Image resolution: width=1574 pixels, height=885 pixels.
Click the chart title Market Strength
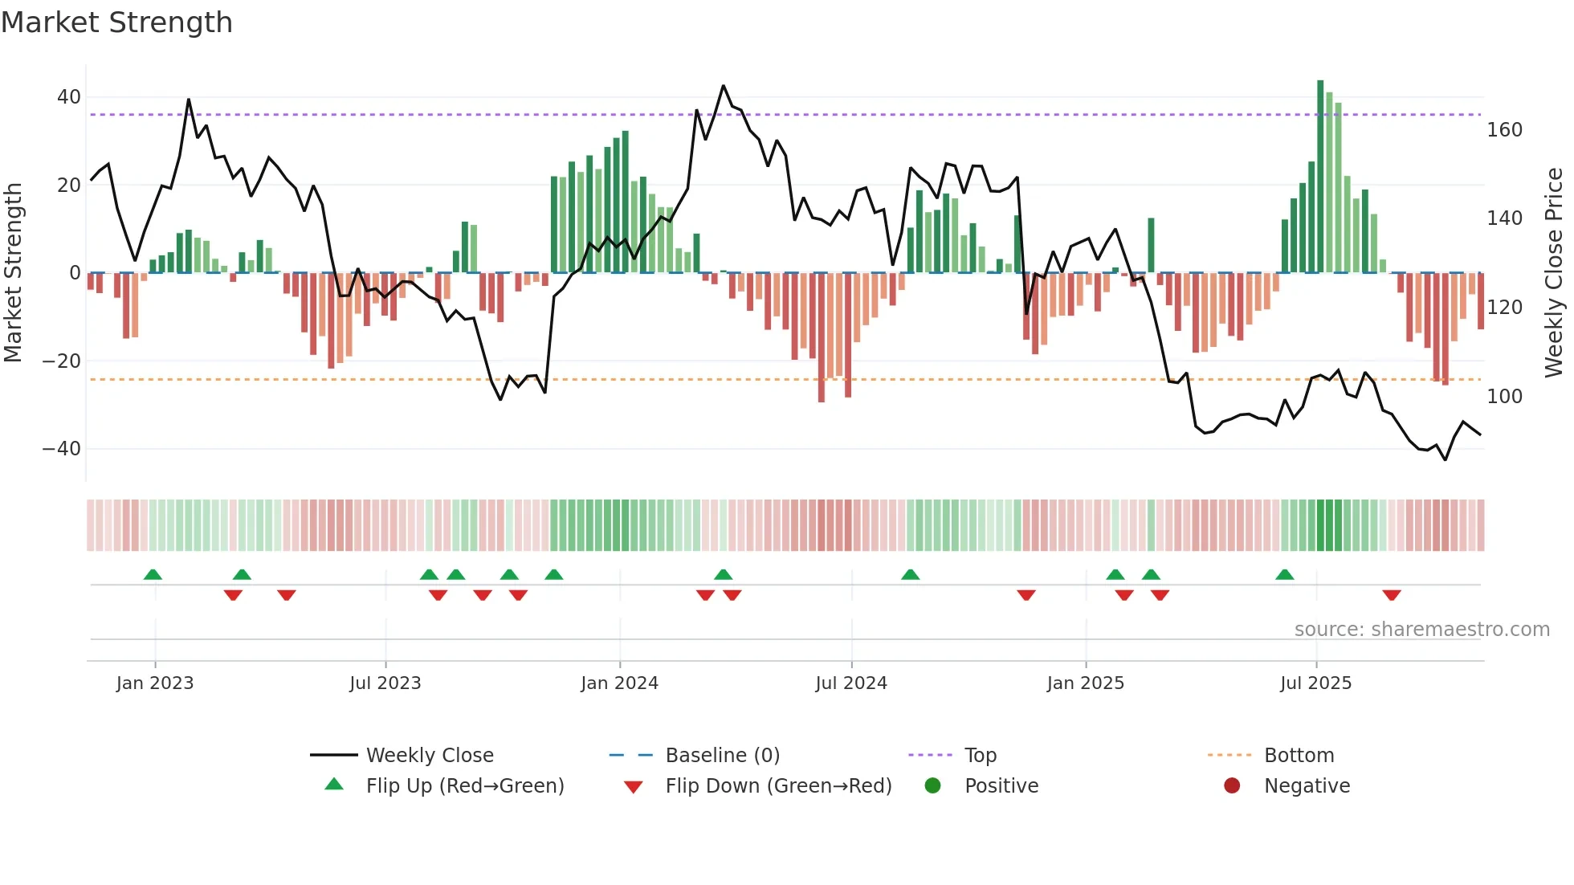[116, 22]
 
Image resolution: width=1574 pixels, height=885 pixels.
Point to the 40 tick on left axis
[69, 97]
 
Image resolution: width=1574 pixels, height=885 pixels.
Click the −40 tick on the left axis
[63, 449]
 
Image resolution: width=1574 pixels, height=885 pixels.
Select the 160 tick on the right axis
[1504, 130]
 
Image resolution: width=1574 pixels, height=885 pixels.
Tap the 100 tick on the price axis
[1504, 397]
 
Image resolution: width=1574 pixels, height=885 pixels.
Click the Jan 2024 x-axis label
[619, 683]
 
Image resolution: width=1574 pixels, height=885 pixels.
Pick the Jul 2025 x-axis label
[1315, 683]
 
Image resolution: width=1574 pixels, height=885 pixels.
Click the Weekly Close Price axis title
[1554, 273]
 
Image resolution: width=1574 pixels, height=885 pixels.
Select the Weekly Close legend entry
[429, 756]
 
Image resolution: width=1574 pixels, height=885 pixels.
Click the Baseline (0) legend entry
[722, 756]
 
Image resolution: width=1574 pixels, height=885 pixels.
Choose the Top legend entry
[980, 756]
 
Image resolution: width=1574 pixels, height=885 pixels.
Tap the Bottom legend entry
[1299, 756]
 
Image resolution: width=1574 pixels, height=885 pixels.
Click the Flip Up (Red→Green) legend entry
[464, 786]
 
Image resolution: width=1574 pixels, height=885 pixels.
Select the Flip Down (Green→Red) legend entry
[778, 786]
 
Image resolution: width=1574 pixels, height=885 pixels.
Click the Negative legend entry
[1307, 786]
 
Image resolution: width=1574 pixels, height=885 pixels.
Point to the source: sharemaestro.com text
[1421, 630]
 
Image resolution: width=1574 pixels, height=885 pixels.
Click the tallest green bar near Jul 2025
[1320, 177]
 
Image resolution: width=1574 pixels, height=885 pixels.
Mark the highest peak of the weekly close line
[724, 86]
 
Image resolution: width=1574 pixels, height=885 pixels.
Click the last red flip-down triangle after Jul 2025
[1392, 595]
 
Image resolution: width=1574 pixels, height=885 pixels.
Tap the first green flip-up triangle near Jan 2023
[153, 574]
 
